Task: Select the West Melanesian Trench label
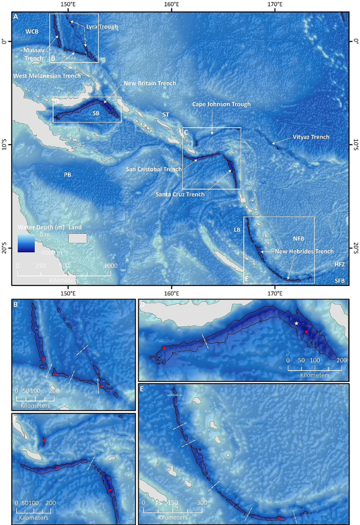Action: [x=47, y=76]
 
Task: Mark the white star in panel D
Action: [x=297, y=323]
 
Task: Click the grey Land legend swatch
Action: [x=78, y=238]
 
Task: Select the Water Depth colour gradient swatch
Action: [x=26, y=243]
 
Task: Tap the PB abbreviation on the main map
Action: [x=68, y=174]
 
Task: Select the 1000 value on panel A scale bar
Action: [x=110, y=266]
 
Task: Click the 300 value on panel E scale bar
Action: [x=202, y=502]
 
